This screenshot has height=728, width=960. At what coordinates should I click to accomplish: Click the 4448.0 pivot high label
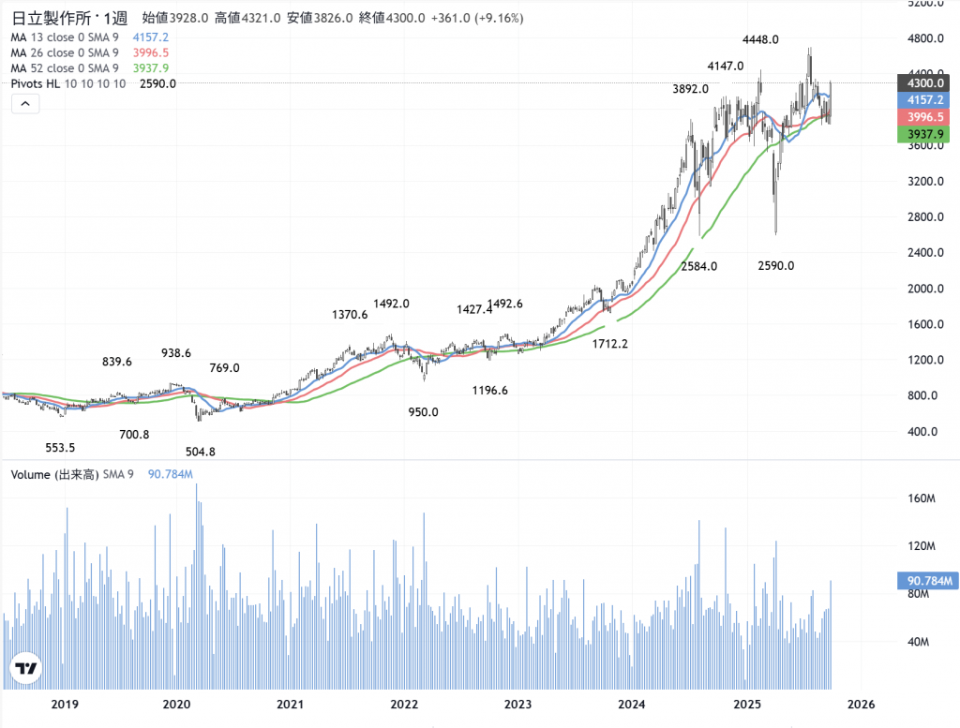760,39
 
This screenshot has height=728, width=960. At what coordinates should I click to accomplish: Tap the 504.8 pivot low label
201,452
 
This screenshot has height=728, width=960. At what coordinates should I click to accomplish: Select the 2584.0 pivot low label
698,266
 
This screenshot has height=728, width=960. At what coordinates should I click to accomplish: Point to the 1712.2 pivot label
609,344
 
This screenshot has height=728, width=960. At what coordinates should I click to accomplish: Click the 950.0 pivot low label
423,411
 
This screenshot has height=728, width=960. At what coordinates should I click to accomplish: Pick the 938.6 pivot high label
176,353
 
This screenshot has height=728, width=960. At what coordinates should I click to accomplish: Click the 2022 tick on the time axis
404,704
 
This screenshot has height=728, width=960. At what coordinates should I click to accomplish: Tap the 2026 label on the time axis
861,704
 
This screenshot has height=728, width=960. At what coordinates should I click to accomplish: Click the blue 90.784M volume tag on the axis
926,581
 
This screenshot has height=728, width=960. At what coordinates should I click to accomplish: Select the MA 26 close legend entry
65,52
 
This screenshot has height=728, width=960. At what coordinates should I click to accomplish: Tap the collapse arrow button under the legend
25,105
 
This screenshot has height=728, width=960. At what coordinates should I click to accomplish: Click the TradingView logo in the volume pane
26,668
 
